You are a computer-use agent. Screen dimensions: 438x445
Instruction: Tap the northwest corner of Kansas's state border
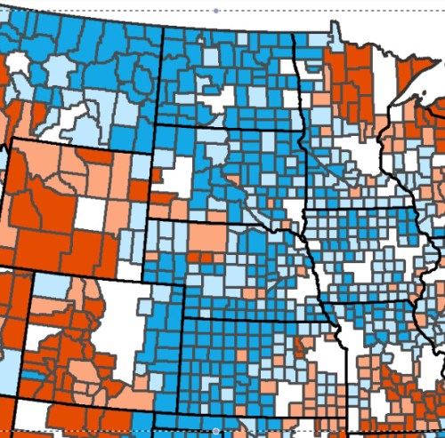coord(184,318)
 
